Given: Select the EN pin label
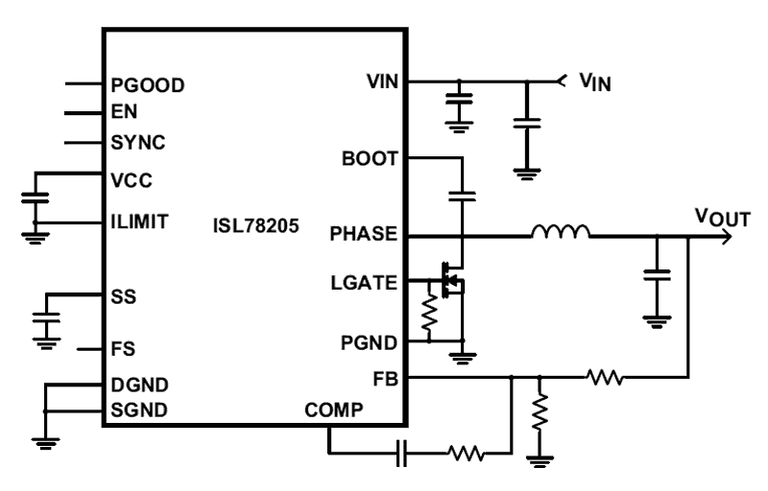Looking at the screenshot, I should pos(124,112).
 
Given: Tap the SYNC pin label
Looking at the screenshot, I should pos(138,143).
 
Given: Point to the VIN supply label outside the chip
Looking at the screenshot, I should pos(595,83).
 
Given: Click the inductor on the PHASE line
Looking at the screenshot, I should pos(560,231).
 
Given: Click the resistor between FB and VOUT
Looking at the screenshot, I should pos(609,378).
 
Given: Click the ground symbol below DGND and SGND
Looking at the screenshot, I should pos(45,440).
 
